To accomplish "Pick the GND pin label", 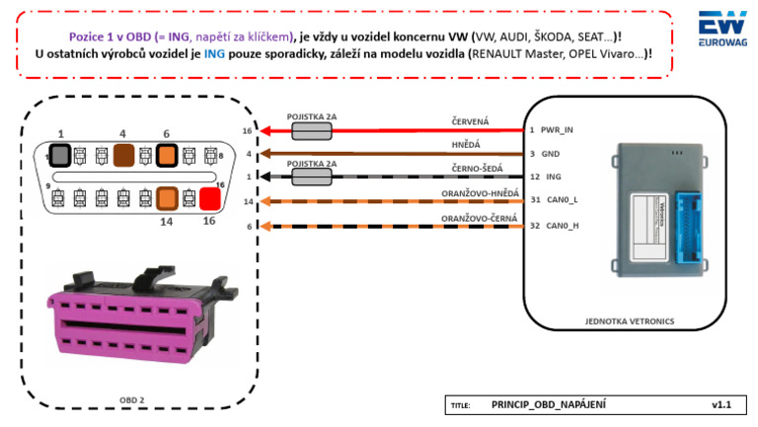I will coord(550,153).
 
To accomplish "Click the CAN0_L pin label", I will coord(561,200).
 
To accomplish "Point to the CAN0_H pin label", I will coord(561,225).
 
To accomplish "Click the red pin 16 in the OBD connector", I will coord(208,199).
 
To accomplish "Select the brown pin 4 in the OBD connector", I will coord(124,155).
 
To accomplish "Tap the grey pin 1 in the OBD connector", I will coord(61,155).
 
